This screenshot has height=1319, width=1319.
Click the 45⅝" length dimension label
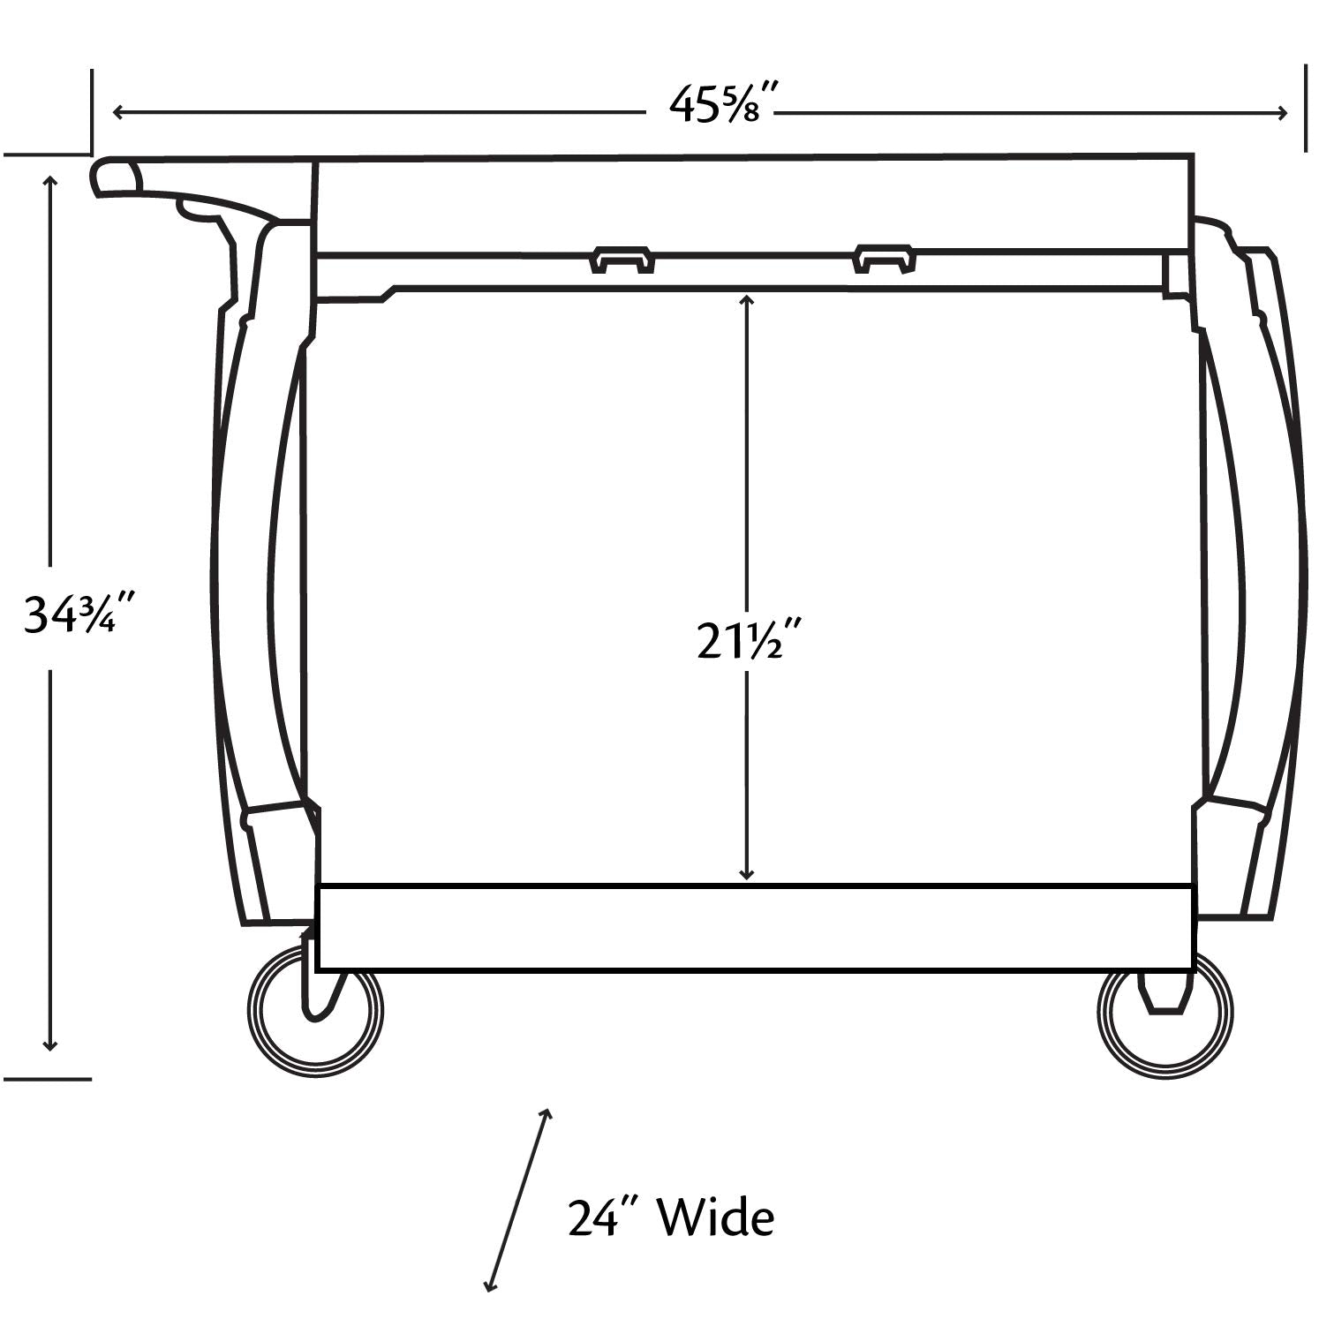click(722, 105)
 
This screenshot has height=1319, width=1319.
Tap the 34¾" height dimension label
click(79, 614)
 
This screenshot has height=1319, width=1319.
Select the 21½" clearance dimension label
click(750, 641)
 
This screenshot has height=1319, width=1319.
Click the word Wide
click(717, 1218)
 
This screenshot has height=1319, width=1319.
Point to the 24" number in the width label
click(603, 1218)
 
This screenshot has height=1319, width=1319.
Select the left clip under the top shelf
click(622, 259)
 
